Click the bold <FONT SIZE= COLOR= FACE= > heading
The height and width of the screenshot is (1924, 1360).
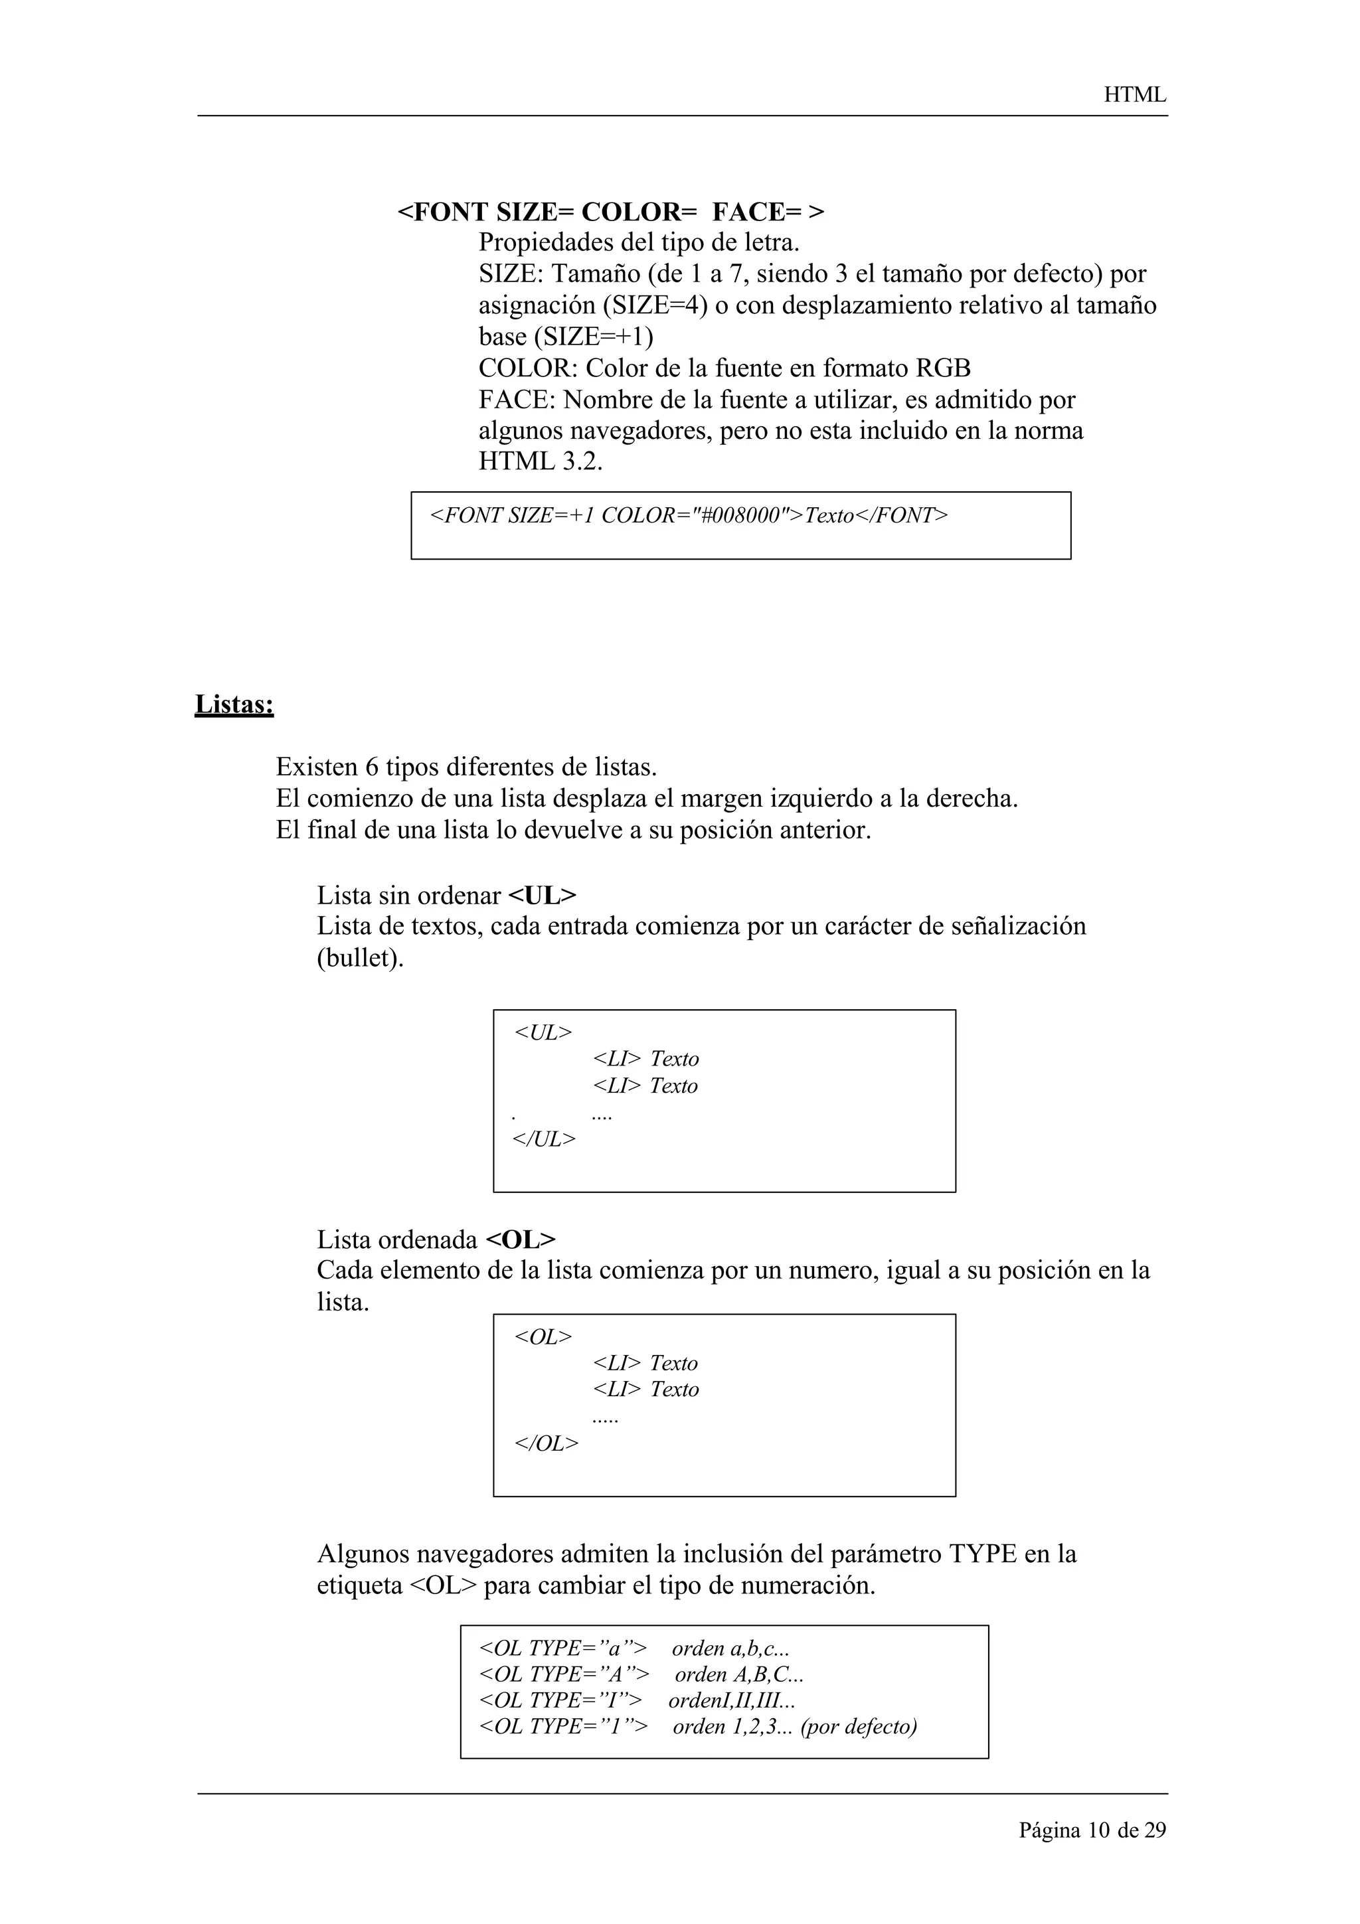point(611,212)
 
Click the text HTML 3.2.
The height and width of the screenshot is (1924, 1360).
point(541,461)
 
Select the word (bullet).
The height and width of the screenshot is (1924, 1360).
point(361,958)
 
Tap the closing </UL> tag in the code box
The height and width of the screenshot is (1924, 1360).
point(544,1139)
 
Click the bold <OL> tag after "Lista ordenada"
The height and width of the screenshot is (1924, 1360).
point(521,1240)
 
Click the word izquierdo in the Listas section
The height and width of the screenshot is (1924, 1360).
point(820,799)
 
